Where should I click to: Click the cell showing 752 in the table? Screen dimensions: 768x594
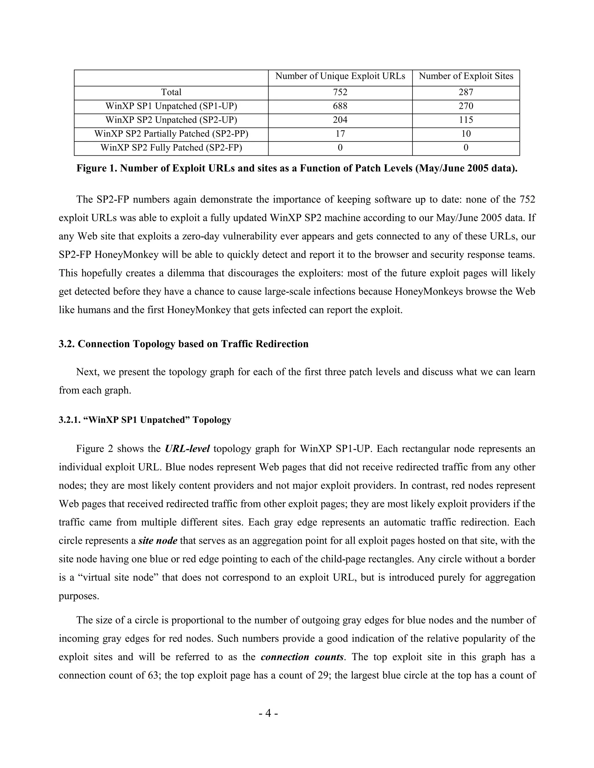click(x=340, y=92)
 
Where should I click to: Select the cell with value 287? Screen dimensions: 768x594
click(x=466, y=92)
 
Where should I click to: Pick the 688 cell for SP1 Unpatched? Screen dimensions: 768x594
click(x=340, y=106)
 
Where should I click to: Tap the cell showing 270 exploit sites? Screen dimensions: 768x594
click(x=466, y=106)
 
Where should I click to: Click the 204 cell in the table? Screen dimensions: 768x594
click(x=340, y=120)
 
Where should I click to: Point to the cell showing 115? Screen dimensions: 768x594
click(x=466, y=120)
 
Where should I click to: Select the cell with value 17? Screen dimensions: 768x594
click(x=340, y=134)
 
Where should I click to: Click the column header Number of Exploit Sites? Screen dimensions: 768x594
click(x=466, y=76)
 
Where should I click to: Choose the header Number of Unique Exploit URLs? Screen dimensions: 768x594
click(x=340, y=76)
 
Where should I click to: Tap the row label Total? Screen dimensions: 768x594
click(x=171, y=92)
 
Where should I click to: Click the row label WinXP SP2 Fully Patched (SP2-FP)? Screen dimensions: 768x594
click(x=171, y=148)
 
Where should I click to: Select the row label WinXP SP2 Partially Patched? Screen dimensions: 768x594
click(x=171, y=134)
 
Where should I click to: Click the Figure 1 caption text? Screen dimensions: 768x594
click(x=297, y=168)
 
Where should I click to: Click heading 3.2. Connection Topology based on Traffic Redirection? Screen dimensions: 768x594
click(x=183, y=344)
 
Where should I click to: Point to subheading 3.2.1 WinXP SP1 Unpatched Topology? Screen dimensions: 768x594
click(x=145, y=420)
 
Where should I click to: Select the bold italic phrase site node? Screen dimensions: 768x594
click(x=158, y=540)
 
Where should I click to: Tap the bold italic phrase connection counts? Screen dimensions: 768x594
click(x=302, y=657)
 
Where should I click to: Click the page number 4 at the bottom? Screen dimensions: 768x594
click(x=268, y=714)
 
